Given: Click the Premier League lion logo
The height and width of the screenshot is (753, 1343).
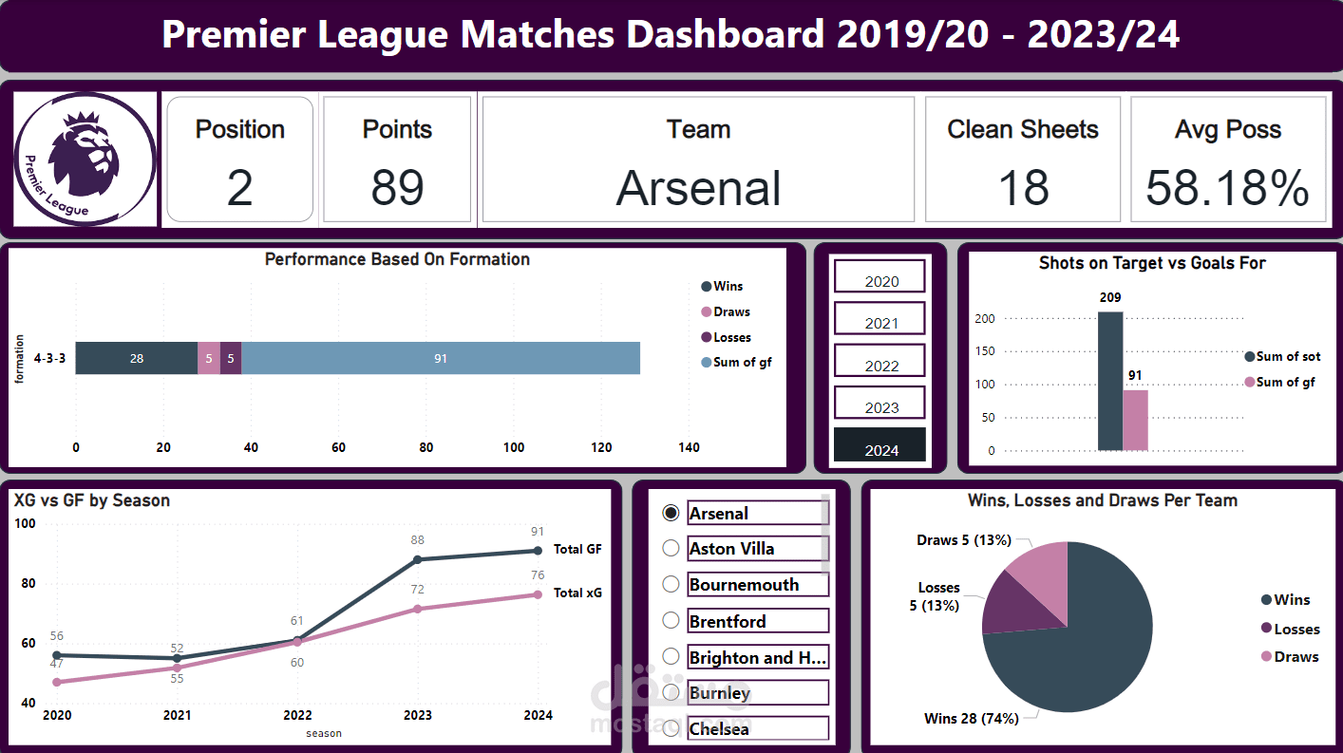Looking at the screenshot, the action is coord(85,159).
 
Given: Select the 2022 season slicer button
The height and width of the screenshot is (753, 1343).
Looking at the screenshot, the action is coord(880,360).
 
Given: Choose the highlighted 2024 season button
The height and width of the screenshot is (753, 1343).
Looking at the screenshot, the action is coord(880,444).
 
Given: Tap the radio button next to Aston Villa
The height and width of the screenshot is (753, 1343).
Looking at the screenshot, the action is coord(671,548).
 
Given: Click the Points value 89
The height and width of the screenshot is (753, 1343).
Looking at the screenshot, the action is coord(397,188).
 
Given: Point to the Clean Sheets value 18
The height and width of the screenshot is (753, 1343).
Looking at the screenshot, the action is coord(1023,188).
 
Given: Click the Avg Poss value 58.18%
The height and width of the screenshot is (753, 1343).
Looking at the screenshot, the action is coord(1227,188).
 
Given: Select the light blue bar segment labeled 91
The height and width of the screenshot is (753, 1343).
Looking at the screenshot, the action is coord(441,358).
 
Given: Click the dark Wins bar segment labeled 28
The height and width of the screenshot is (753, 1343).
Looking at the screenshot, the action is coord(137,358).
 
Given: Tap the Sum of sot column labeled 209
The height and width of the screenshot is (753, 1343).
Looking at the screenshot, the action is coord(1110,382).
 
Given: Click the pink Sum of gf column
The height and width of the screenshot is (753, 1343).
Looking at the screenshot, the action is coord(1136,421).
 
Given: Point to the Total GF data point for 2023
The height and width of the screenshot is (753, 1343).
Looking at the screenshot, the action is coord(417,559).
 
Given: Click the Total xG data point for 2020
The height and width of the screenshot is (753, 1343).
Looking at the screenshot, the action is coord(57,682).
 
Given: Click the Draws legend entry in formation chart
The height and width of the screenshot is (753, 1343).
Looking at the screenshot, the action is coord(726,311).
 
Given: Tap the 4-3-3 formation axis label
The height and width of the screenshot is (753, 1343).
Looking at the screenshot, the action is coord(49,359).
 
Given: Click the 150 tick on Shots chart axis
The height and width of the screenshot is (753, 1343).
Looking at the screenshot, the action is coord(985,350).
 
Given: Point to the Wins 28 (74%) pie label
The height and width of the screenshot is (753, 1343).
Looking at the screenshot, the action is coord(972,718).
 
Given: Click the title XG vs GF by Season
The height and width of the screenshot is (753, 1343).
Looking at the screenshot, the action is coord(92,500).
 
